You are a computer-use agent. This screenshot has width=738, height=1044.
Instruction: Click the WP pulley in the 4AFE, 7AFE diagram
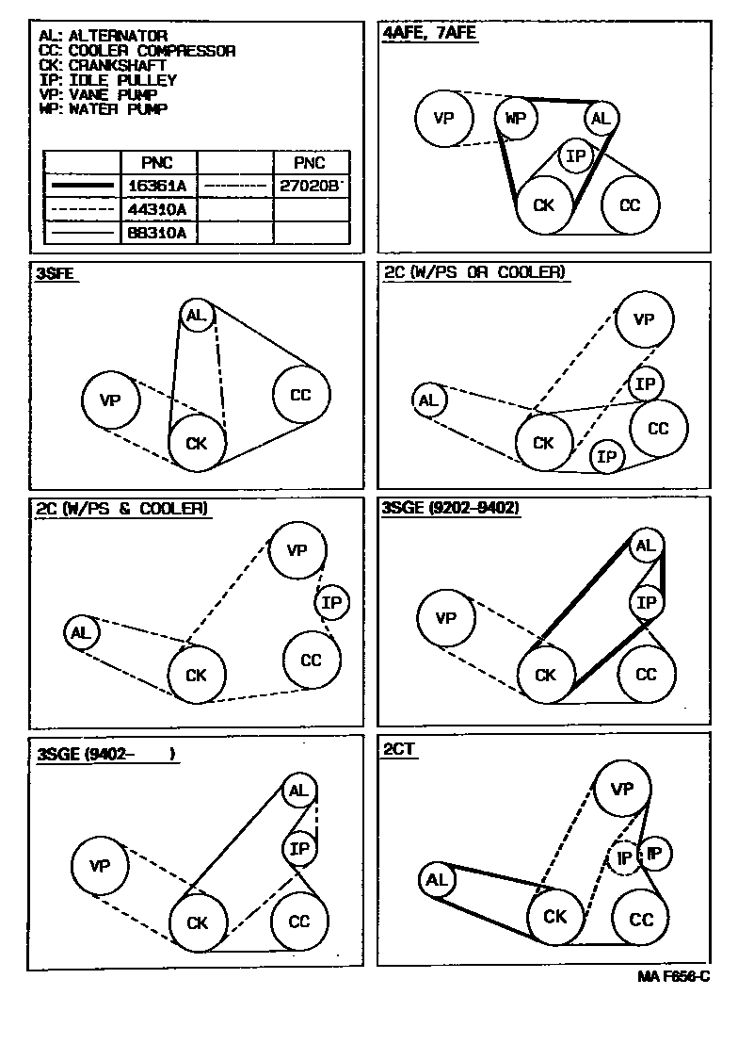(x=515, y=118)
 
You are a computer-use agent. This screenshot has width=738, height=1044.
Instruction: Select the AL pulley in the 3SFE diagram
(x=196, y=316)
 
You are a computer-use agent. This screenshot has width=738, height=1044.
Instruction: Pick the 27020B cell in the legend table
(x=311, y=186)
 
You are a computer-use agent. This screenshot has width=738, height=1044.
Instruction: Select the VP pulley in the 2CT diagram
(x=622, y=789)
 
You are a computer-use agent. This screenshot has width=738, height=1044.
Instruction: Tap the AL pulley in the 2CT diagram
(x=436, y=880)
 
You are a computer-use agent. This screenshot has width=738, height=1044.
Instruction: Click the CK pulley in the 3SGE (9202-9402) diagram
(x=545, y=676)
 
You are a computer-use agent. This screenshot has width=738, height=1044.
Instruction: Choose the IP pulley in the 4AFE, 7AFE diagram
(x=575, y=155)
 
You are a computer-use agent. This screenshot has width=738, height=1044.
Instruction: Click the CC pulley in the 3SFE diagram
(x=300, y=395)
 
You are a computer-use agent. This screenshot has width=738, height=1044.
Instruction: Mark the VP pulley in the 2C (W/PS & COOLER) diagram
(x=297, y=550)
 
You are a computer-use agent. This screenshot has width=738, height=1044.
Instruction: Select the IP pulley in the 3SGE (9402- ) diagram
(x=299, y=849)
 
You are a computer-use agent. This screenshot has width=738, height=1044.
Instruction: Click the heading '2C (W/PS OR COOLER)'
(x=474, y=272)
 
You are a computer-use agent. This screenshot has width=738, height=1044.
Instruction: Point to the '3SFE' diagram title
(x=56, y=274)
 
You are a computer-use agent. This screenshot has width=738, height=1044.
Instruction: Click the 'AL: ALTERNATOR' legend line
(x=104, y=36)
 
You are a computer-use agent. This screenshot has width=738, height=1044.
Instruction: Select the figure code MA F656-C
(x=673, y=978)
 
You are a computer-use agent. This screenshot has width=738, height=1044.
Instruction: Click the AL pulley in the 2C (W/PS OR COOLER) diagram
(x=428, y=400)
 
